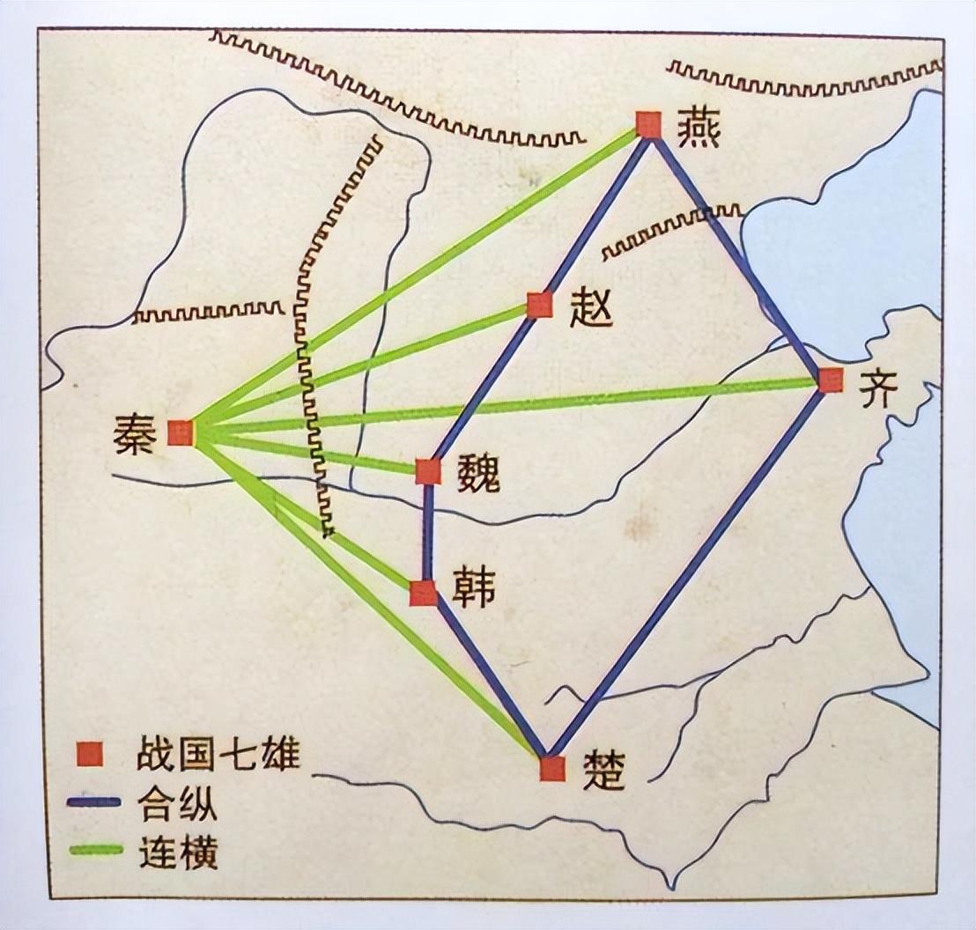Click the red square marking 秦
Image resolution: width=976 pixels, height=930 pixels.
pyautogui.click(x=181, y=432)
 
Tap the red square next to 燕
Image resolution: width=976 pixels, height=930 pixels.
pyautogui.click(x=648, y=125)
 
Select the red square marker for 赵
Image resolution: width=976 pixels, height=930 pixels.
pyautogui.click(x=539, y=305)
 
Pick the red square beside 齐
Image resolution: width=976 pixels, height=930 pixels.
pyautogui.click(x=830, y=380)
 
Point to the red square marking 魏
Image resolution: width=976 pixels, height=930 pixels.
pyautogui.click(x=428, y=472)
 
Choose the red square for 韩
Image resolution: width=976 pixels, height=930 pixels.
pyautogui.click(x=424, y=593)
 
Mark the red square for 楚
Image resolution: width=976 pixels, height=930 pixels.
pyautogui.click(x=552, y=768)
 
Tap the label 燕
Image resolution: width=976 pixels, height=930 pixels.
pyautogui.click(x=699, y=129)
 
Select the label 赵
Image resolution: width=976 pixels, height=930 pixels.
pyautogui.click(x=590, y=308)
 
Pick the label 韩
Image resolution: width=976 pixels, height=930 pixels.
pyautogui.click(x=473, y=587)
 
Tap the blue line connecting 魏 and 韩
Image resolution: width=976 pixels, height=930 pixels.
pyautogui.click(x=427, y=533)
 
